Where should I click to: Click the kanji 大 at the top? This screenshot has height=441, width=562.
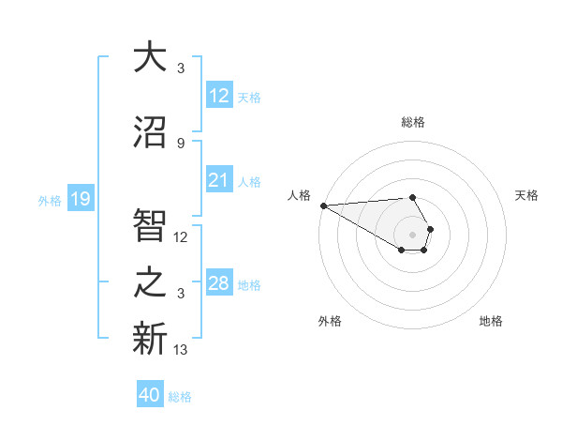pos(149,57)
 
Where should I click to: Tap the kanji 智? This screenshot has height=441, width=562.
pos(149,226)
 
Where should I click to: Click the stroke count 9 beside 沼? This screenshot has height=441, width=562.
pos(181,143)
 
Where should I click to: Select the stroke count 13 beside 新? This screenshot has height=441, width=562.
pos(181,350)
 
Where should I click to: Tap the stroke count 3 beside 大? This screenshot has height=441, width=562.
pos(181,68)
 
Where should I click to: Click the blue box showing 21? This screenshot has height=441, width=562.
pos(218,181)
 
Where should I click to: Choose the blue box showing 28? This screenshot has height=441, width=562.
pos(218,284)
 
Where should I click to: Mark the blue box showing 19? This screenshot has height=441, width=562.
pos(80,199)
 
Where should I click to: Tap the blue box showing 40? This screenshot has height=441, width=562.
pos(150,396)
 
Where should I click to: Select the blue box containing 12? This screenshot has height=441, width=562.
pos(218,97)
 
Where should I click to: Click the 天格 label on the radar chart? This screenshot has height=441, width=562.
pos(527,195)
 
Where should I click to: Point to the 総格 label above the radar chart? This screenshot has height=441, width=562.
pos(413,122)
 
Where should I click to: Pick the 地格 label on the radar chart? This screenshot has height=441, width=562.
pos(491,321)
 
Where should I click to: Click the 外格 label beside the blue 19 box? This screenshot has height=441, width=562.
pos(50,200)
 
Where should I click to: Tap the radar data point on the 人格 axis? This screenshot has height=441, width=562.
pos(323,205)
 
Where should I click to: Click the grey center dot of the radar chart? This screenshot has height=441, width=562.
pos(412,234)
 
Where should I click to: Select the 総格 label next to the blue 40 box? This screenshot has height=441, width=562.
pos(180,397)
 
